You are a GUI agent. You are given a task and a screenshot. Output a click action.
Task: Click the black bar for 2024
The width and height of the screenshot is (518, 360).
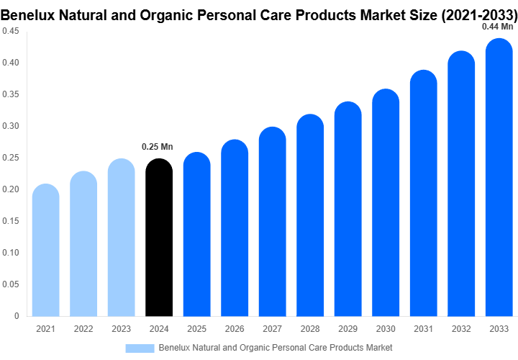tap(159, 238)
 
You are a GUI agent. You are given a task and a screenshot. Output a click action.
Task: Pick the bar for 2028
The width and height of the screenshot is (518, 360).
tap(310, 215)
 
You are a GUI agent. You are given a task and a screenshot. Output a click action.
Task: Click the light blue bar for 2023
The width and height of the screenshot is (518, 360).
tap(122, 238)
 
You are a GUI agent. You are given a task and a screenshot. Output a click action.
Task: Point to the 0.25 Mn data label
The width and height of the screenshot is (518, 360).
tap(157, 147)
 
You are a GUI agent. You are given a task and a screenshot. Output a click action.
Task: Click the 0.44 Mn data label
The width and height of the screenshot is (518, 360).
tap(497, 27)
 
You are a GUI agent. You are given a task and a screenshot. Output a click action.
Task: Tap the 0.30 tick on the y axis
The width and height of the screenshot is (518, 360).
tap(10, 126)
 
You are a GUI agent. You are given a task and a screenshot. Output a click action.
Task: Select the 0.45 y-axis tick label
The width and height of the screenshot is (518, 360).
tap(10, 31)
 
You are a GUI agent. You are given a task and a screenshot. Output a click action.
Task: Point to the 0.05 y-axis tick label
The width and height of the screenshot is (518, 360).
tap(10, 284)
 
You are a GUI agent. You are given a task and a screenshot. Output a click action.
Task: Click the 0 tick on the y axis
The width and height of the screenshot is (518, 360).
tap(16, 315)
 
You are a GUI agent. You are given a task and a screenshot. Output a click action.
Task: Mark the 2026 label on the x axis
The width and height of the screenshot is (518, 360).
tap(235, 329)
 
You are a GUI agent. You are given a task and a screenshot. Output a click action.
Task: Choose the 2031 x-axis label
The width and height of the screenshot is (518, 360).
tap(424, 329)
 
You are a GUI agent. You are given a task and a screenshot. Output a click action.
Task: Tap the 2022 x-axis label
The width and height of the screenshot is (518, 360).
tap(83, 329)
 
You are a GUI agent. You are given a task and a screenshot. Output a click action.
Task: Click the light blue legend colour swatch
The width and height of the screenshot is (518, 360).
tap(140, 348)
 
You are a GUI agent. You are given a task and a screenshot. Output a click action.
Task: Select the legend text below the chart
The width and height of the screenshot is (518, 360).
tap(276, 348)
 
